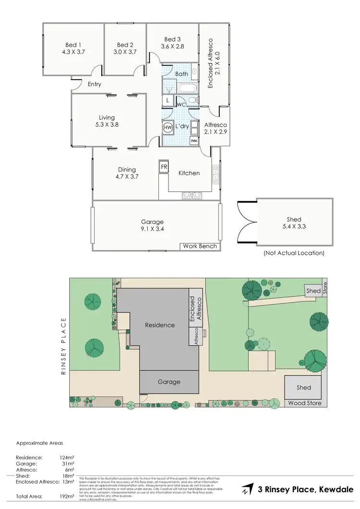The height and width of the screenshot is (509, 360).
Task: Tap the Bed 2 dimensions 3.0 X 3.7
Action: pos(125,51)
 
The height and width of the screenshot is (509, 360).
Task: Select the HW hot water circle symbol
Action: pos(168,128)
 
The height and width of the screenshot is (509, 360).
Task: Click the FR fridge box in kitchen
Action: pos(164,167)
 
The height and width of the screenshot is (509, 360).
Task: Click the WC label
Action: pos(181,104)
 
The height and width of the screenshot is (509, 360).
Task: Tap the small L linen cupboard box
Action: pos(167,101)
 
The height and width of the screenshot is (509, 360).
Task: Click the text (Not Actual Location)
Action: pos(294,253)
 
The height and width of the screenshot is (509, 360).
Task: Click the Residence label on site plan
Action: pos(160,325)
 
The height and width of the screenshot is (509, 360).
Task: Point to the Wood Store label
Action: pos(305,403)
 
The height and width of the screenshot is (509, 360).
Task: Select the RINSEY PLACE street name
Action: pos(64,346)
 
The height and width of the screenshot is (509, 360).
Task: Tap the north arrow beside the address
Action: pos(247,489)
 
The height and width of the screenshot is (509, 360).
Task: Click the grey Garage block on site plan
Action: pos(169,382)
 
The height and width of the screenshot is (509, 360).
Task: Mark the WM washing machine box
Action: pos(193,142)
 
